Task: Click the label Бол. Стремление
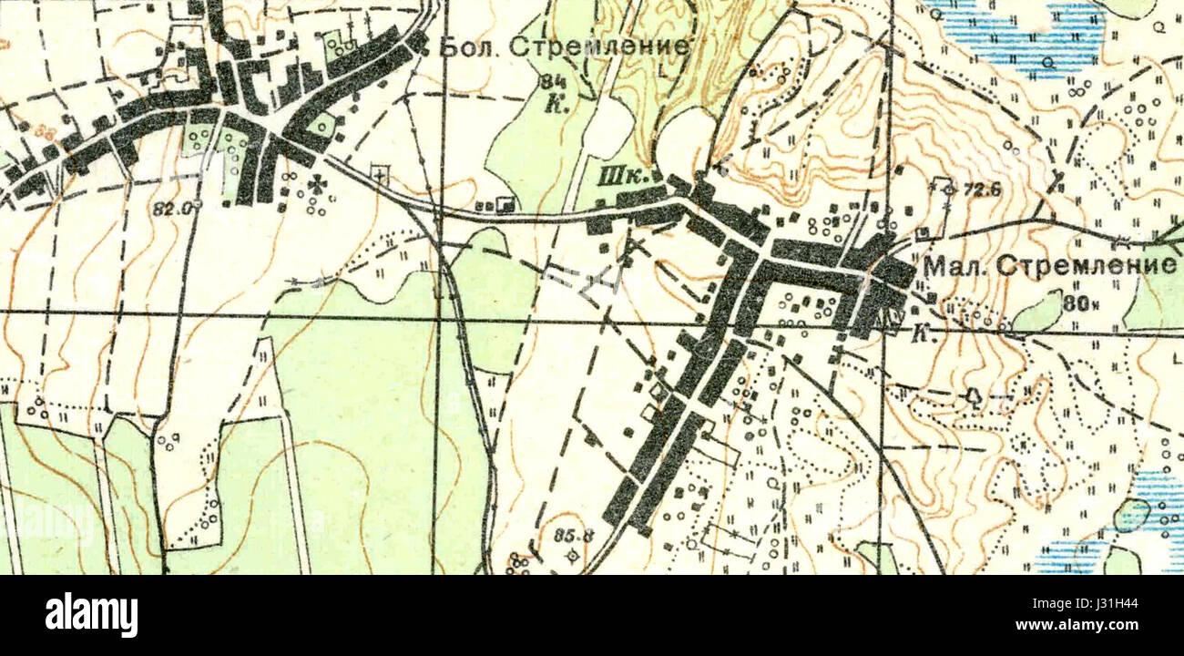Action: point(564,46)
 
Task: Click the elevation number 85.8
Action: point(574,536)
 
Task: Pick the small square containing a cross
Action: point(381,173)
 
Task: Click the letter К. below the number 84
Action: point(554,104)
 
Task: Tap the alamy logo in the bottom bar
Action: point(91,615)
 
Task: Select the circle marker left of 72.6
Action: point(948,190)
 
